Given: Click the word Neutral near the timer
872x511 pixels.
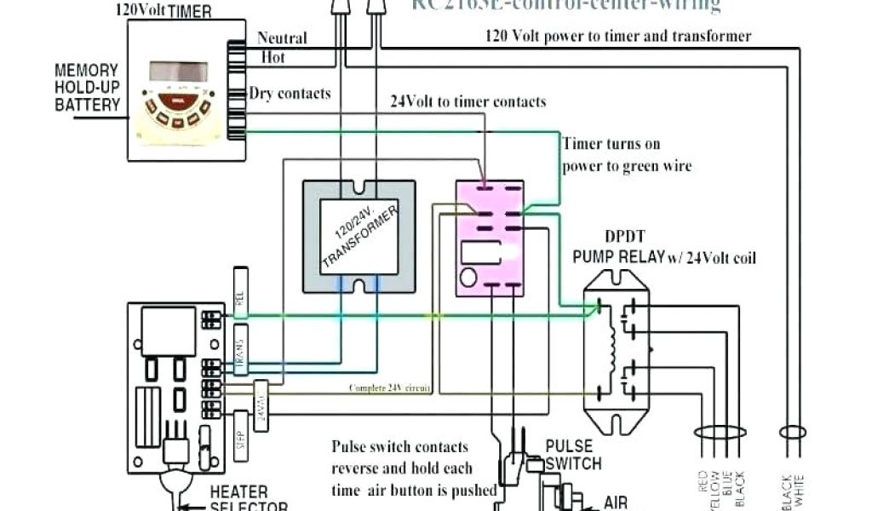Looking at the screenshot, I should [x=282, y=38].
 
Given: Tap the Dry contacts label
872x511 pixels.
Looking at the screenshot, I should [x=290, y=94].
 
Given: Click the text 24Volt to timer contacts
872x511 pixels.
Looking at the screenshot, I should [x=468, y=101].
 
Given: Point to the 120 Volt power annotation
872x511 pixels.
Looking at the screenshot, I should [x=618, y=36].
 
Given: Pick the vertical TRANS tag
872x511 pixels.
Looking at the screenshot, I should [x=241, y=349].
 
